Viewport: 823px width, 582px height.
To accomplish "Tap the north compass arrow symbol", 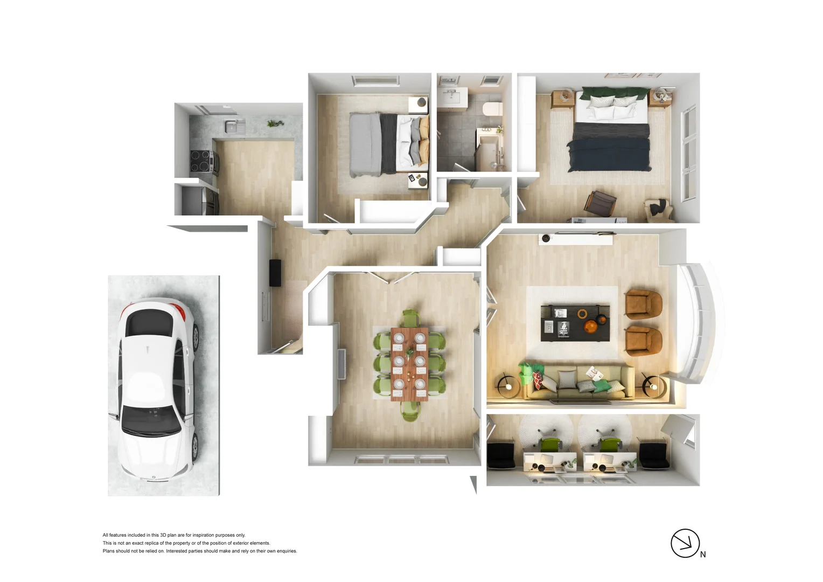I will click(685, 543).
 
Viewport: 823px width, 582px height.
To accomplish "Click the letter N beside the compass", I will click(703, 555).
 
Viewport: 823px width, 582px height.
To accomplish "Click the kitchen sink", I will click(232, 127).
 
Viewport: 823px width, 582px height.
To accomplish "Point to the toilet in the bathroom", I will click(492, 109).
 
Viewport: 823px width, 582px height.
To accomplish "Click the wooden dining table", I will click(409, 364).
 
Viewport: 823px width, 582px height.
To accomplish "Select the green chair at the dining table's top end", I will click(410, 317).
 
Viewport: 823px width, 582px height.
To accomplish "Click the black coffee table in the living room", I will click(575, 322).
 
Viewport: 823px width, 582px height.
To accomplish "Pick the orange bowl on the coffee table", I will click(591, 327).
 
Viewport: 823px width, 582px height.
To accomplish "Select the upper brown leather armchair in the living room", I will click(644, 304).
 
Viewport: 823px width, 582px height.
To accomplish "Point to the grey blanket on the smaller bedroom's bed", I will click(365, 144).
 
